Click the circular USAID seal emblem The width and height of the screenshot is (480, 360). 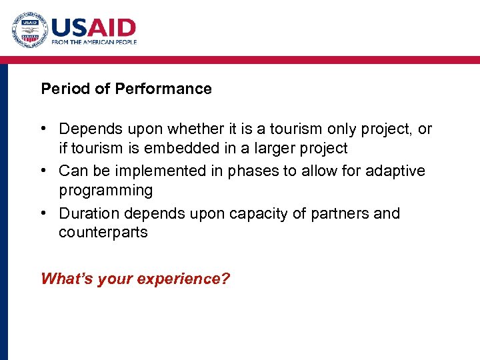29,30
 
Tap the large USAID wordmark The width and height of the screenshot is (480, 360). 93,27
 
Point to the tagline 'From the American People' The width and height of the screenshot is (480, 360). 94,42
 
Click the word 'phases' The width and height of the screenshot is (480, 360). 254,171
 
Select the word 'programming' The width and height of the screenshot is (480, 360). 105,191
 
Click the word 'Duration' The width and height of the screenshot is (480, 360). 87,213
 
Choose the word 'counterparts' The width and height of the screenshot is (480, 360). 103,233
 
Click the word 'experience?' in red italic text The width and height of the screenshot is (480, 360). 183,279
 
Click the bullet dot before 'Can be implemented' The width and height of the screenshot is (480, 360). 45,171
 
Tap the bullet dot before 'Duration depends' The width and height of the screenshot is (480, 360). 45,213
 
